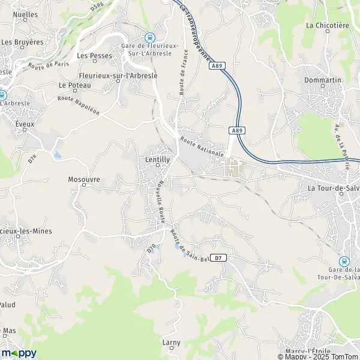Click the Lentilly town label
pyautogui.click(x=158, y=160)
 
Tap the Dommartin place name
pyautogui.click(x=322, y=80)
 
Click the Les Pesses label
pyautogui.click(x=91, y=56)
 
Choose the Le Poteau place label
pyautogui.click(x=74, y=86)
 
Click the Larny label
pyautogui.click(x=171, y=343)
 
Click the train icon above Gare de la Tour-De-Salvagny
pyautogui.click(x=344, y=262)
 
